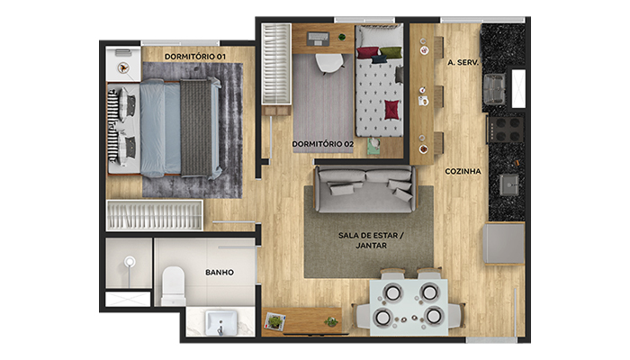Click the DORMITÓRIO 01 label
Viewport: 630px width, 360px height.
coord(195,57)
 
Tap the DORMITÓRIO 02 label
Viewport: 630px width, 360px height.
coord(322,144)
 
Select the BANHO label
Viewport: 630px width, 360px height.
coord(220,273)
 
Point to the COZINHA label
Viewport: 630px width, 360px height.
coord(463,171)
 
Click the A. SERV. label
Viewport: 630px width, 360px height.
coord(463,62)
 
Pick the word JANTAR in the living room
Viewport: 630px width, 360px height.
coord(371,245)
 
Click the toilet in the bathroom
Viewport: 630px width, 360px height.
coord(174,285)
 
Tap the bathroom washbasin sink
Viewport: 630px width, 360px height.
coord(220,322)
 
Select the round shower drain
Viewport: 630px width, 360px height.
coord(130,262)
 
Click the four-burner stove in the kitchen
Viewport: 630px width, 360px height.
coord(506,130)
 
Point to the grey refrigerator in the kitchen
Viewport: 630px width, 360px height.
coord(504,244)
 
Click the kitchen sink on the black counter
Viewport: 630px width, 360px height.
coord(509,184)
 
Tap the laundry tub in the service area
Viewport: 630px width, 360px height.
coord(494,89)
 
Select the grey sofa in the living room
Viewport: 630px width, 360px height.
coord(365,189)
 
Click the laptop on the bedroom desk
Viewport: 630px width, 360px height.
coord(319,39)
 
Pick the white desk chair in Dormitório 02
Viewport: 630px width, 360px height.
coord(329,64)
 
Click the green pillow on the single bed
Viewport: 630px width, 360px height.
coord(391,52)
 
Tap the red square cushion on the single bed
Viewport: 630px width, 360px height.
coord(392,110)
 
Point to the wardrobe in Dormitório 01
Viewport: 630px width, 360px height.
coord(155,215)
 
